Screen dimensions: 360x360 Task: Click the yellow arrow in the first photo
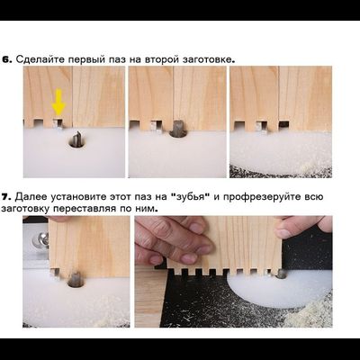pos(58,103)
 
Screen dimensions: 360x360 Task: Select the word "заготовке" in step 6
pos(206,58)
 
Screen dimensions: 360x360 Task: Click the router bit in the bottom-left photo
pos(76,279)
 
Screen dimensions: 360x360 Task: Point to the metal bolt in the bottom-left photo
pos(40,240)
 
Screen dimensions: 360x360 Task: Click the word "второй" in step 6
pos(164,58)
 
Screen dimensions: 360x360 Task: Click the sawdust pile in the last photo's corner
pos(316,310)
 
